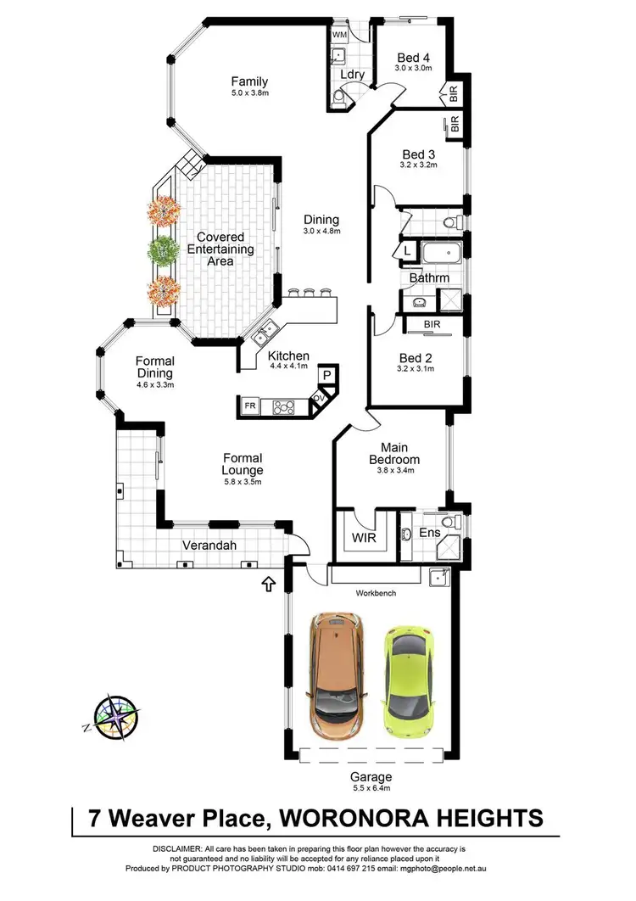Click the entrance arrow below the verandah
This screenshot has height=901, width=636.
pyautogui.click(x=270, y=584)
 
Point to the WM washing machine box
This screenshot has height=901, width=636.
pyautogui.click(x=339, y=35)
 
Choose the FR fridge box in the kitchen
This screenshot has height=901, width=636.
pyautogui.click(x=251, y=406)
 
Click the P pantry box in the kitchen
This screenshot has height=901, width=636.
pyautogui.click(x=327, y=375)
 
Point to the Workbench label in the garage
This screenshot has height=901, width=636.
pyautogui.click(x=376, y=592)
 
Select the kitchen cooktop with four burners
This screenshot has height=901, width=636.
pyautogui.click(x=283, y=407)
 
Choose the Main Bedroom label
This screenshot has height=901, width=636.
pyautogui.click(x=389, y=454)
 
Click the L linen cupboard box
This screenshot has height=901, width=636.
pyautogui.click(x=407, y=252)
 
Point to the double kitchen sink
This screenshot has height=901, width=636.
pyautogui.click(x=265, y=332)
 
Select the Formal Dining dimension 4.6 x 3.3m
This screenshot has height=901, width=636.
pyautogui.click(x=154, y=385)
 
